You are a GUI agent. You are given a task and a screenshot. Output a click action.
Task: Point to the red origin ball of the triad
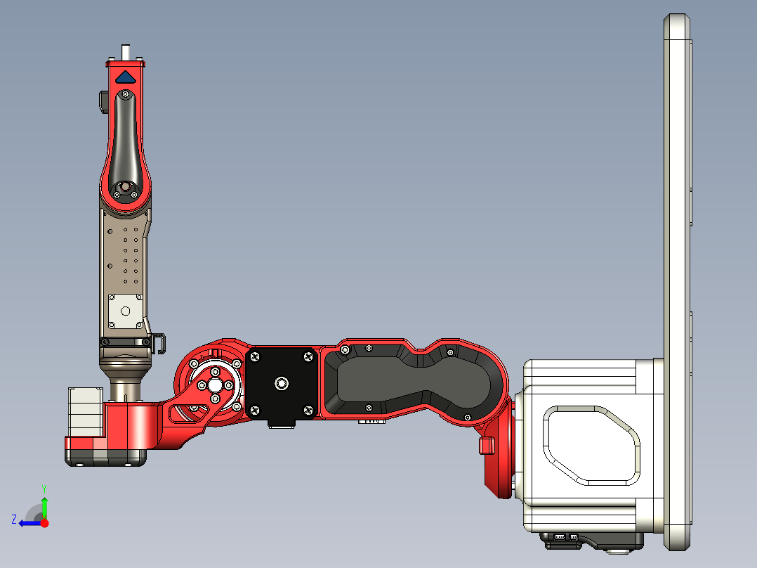[x=44, y=523]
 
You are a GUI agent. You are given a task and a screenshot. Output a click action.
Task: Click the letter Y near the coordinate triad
[x=44, y=488]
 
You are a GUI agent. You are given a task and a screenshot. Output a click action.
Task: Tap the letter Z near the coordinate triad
[x=14, y=519]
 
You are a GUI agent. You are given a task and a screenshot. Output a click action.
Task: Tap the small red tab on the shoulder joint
[x=483, y=445]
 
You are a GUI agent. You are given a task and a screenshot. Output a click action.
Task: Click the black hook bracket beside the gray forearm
[x=159, y=342]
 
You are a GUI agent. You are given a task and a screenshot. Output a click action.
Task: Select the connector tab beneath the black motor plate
[x=282, y=423]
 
